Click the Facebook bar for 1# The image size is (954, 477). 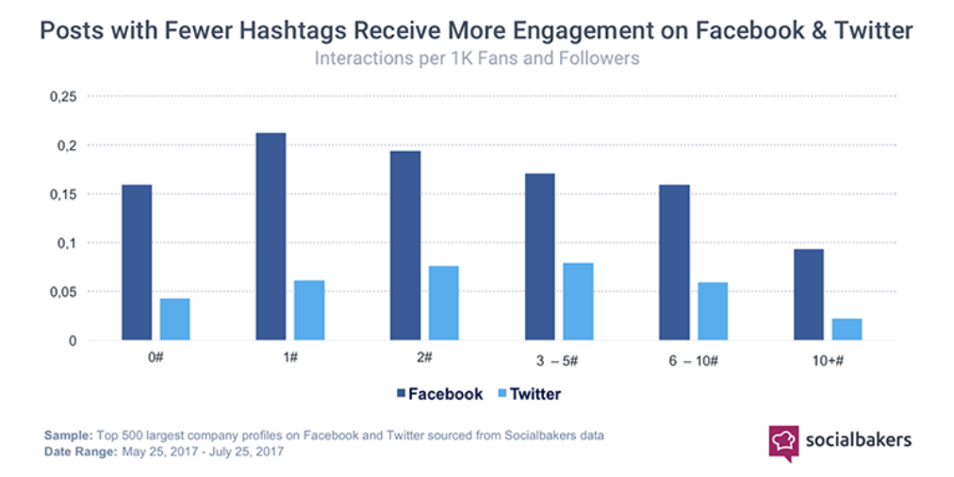(x=271, y=236)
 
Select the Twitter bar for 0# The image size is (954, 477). (x=174, y=319)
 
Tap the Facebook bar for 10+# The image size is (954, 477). (x=808, y=294)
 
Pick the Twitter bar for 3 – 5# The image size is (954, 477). (x=578, y=301)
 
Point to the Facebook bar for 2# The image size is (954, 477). (x=405, y=245)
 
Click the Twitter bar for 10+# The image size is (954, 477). (x=847, y=329)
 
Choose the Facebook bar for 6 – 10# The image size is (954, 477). (x=674, y=262)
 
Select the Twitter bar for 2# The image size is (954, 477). (x=443, y=303)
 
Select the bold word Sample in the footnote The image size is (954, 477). (x=67, y=436)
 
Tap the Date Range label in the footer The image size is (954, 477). (x=78, y=452)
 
